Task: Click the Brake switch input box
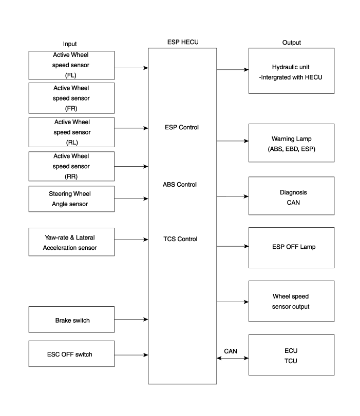pyautogui.click(x=71, y=320)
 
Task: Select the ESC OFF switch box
pyautogui.click(x=71, y=354)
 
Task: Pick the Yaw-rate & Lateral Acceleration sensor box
pyautogui.click(x=71, y=243)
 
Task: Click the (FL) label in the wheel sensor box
pyautogui.click(x=71, y=75)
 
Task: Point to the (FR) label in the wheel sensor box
pyautogui.click(x=71, y=108)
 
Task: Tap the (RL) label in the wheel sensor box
pyautogui.click(x=71, y=142)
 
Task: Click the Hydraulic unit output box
pyautogui.click(x=291, y=71)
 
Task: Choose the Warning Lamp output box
pyautogui.click(x=291, y=143)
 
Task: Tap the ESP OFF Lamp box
pyautogui.click(x=291, y=248)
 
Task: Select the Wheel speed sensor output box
pyautogui.click(x=291, y=302)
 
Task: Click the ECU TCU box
pyautogui.click(x=291, y=355)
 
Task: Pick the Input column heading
pyautogui.click(x=70, y=44)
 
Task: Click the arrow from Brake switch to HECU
pyautogui.click(x=131, y=320)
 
